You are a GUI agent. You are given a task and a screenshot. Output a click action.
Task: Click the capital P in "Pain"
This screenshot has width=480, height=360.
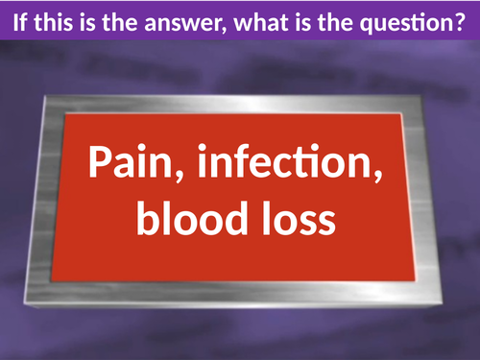tap(100, 164)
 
